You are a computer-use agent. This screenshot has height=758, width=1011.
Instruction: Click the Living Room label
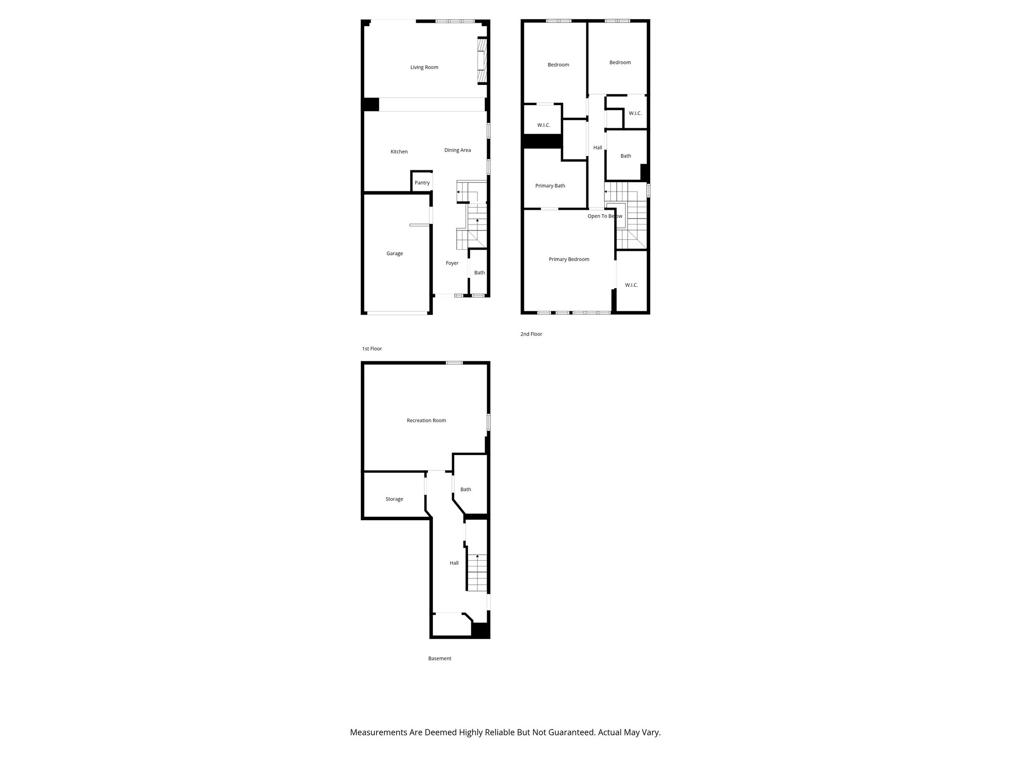424,67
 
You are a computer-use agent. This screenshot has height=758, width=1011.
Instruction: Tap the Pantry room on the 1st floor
422,183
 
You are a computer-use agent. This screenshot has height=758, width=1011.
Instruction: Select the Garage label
394,254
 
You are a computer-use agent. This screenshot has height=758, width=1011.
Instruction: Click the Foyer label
452,263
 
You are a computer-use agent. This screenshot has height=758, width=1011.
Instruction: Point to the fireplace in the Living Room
481,62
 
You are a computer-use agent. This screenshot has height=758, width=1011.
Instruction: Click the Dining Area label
457,150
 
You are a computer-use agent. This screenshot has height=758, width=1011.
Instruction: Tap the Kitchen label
399,152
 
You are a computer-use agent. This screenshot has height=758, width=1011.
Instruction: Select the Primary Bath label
550,186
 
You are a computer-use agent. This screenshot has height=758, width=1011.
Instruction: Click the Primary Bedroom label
569,259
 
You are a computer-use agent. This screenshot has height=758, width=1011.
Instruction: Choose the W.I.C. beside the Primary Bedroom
631,285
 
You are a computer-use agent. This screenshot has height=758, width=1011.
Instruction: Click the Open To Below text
604,216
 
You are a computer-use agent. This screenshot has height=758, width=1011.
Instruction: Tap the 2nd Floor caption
531,334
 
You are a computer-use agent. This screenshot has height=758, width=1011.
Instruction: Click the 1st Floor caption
372,349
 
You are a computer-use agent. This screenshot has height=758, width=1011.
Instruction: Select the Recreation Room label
426,420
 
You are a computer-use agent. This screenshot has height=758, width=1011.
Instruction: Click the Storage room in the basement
394,499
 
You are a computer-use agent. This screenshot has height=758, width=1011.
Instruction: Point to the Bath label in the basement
466,490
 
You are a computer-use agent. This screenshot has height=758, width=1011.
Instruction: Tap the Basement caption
439,658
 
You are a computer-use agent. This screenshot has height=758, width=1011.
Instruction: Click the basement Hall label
454,563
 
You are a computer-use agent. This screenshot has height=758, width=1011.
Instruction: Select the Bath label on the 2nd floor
625,156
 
